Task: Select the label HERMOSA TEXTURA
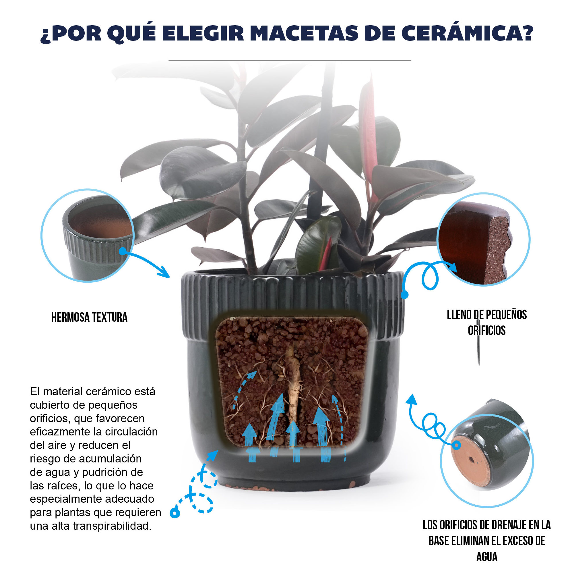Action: pos(89,317)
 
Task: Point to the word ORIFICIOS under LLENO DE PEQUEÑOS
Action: pos(486,330)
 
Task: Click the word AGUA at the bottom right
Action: pos(486,557)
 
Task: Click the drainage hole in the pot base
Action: pos(471,460)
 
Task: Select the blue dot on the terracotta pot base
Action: pos(457,445)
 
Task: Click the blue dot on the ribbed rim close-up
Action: pos(123,251)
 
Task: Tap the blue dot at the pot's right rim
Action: pos(405,294)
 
